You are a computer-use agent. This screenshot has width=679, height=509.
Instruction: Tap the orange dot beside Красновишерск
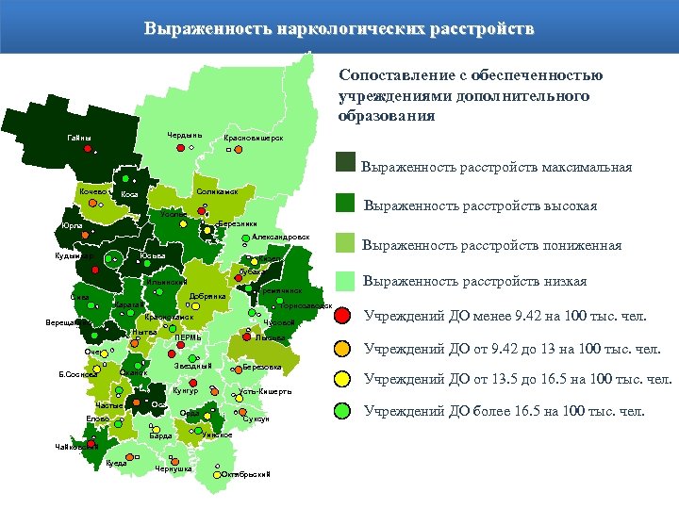click(x=229, y=148)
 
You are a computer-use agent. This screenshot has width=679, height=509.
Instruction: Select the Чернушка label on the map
click(x=174, y=468)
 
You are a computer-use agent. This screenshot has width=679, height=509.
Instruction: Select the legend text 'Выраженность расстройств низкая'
click(x=475, y=281)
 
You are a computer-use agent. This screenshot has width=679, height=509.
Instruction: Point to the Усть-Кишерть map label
click(x=265, y=391)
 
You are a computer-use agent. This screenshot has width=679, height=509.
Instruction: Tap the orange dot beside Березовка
click(x=234, y=368)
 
